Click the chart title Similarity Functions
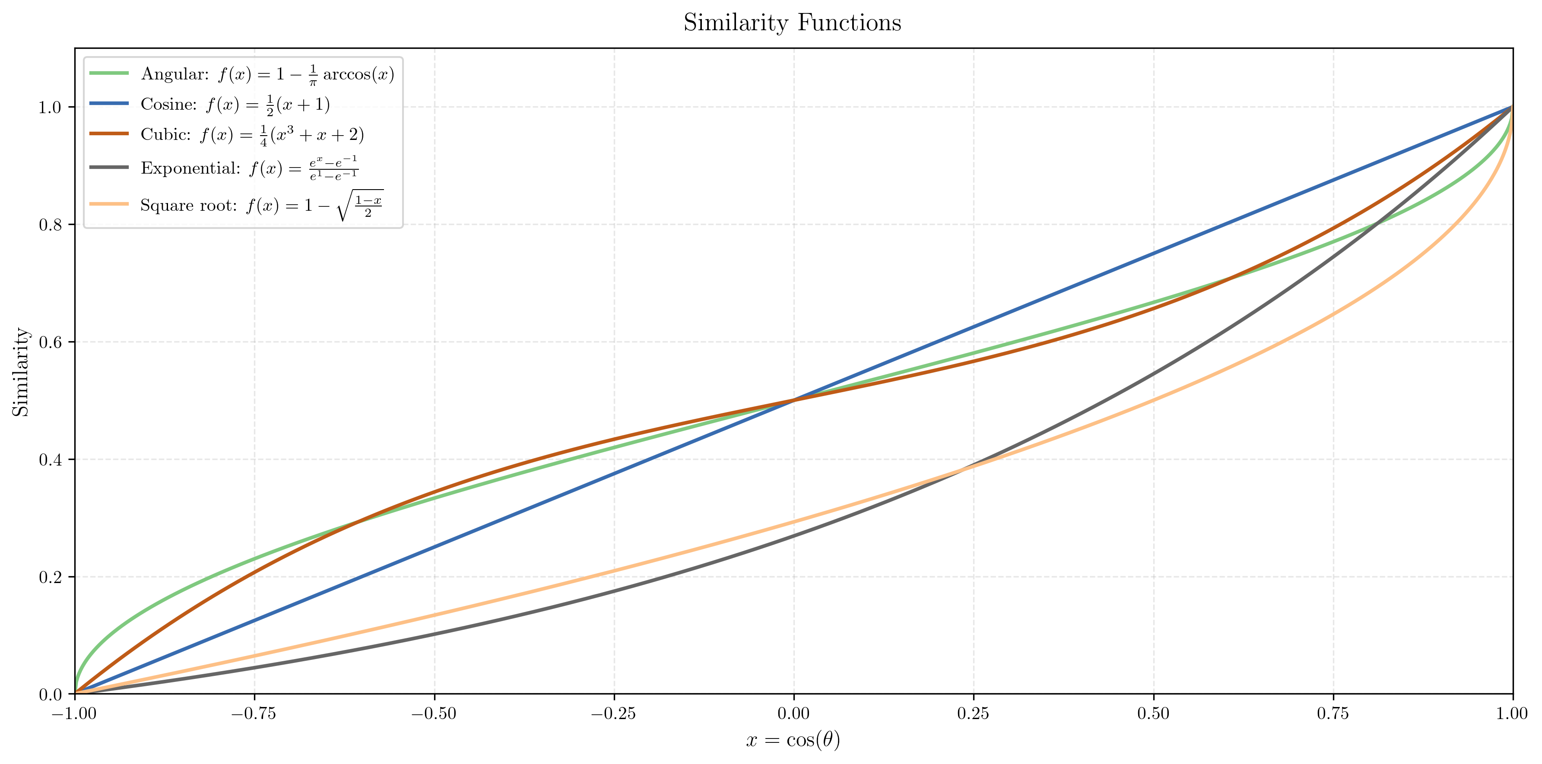pyautogui.click(x=792, y=23)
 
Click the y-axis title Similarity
pyautogui.click(x=22, y=371)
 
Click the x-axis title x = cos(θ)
pyautogui.click(x=793, y=741)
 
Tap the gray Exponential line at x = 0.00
pyautogui.click(x=794, y=536)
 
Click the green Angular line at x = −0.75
pyautogui.click(x=254, y=559)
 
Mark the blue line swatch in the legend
pyautogui.click(x=109, y=104)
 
